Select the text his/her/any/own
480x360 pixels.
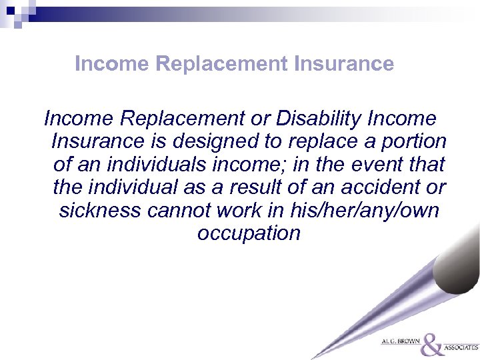pyautogui.click(x=365, y=211)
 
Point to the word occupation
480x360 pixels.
pyautogui.click(x=249, y=233)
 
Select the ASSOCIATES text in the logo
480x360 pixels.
pyautogui.click(x=461, y=348)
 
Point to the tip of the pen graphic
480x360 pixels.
pyautogui.click(x=313, y=357)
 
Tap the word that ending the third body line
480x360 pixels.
pyautogui.click(x=425, y=165)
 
